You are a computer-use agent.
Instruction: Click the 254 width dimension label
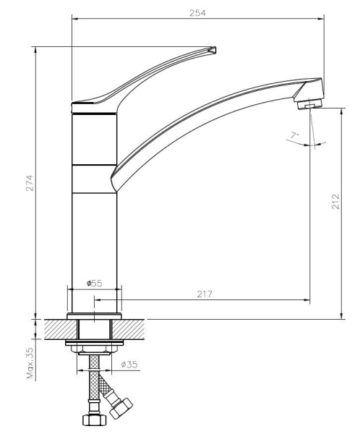(197, 13)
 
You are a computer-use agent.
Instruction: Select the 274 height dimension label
(30, 183)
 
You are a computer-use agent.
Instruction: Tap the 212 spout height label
(335, 201)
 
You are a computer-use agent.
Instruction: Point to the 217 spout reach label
(205, 294)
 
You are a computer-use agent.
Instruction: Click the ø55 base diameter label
(95, 283)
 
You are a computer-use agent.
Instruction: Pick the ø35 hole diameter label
(129, 365)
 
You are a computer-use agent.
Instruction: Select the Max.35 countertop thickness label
(30, 363)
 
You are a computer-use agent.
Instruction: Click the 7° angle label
(294, 135)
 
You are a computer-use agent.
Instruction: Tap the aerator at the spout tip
(310, 104)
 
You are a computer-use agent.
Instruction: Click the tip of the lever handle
(214, 49)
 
